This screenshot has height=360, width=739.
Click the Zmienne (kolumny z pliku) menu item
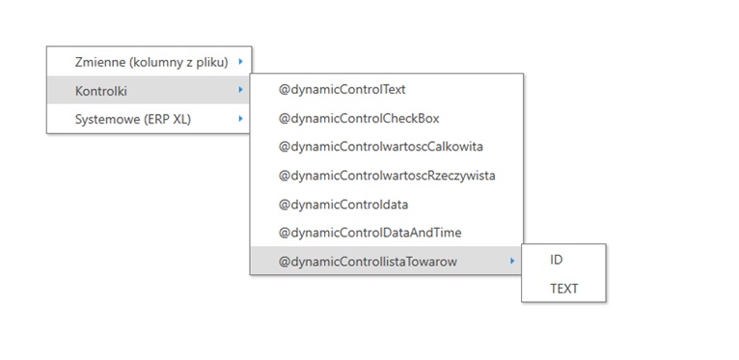151,62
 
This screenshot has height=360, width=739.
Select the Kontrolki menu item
101,91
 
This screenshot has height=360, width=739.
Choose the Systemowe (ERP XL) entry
133,120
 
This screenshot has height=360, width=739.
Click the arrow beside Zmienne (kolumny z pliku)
241,61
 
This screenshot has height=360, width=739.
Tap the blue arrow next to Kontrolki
241,90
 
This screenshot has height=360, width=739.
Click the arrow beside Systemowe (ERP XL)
241,119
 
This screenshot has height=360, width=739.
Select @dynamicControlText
342,90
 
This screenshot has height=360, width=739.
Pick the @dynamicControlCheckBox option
359,119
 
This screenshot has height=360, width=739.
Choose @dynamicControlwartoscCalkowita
381,147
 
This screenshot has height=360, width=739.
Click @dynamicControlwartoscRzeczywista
387,176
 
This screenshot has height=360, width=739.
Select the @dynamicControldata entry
343,205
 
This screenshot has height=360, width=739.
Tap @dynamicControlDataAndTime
369,233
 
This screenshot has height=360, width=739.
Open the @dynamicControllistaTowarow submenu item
368,262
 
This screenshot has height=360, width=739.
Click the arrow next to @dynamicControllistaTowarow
512,261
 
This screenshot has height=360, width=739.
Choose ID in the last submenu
556,260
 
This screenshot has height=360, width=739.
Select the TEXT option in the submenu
563,289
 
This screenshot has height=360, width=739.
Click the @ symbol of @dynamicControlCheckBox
285,119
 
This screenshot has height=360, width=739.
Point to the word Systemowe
107,120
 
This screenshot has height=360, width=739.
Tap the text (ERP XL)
168,120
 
